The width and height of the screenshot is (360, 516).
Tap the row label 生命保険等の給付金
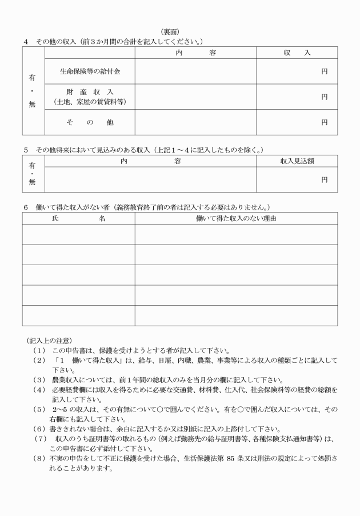pos(90,71)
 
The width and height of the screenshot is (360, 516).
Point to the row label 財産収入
pos(90,92)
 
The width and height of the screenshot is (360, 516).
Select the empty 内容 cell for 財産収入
pos(195,97)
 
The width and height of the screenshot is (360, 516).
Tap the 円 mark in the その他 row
pos(324,122)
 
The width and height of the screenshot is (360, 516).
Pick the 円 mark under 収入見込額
pos(324,179)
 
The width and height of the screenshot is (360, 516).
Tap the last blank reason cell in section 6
pos(235,315)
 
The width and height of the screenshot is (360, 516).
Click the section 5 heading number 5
pos(26,150)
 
